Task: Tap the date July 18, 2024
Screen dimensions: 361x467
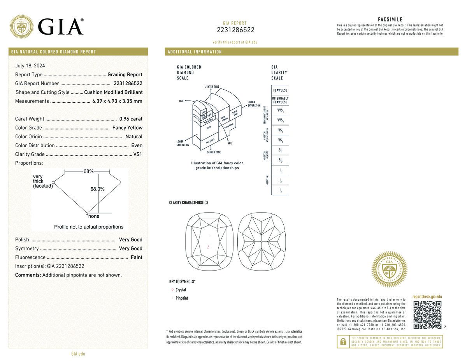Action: [30, 66]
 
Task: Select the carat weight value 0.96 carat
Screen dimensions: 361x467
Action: [131, 119]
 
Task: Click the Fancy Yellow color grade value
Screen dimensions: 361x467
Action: [127, 128]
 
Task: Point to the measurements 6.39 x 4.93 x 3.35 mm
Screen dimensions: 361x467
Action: [117, 101]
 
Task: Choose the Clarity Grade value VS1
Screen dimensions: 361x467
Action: [138, 154]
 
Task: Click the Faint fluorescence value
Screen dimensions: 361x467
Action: [136, 257]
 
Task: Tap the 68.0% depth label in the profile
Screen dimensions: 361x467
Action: [97, 189]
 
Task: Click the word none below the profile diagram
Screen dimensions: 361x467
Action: [94, 216]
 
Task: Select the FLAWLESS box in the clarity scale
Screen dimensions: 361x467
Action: [280, 90]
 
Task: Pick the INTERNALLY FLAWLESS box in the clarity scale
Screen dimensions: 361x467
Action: [280, 100]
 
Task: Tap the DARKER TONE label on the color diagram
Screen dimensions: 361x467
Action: [212, 152]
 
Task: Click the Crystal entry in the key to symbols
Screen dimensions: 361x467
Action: [181, 290]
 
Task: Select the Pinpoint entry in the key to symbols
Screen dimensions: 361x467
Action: [182, 298]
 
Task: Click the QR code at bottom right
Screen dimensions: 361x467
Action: [427, 315]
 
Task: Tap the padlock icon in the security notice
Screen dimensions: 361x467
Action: [343, 342]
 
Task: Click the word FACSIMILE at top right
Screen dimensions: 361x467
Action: [390, 19]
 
